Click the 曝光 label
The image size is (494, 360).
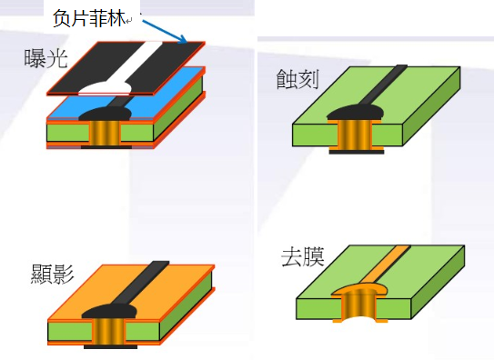coord(45,60)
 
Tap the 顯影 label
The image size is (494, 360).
coord(51,273)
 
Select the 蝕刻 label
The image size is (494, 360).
coord(297,78)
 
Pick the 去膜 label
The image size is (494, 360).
coord(301,255)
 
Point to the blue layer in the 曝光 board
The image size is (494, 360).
coord(173,91)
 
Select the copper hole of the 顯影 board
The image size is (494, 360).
coord(106,331)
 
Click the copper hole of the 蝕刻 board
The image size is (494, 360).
coord(354,136)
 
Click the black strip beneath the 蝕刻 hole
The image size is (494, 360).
coord(354,154)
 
